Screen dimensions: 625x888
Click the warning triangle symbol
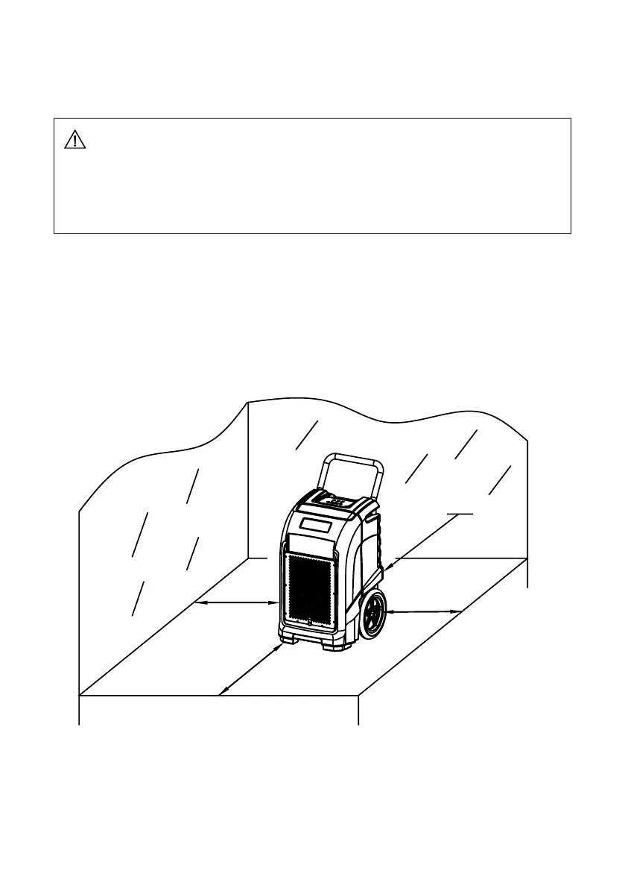click(x=75, y=139)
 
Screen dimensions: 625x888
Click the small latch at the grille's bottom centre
click(x=308, y=620)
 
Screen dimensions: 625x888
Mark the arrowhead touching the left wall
click(x=197, y=602)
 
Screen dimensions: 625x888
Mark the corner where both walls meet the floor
click(x=247, y=557)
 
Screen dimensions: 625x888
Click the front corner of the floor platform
click(x=359, y=696)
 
